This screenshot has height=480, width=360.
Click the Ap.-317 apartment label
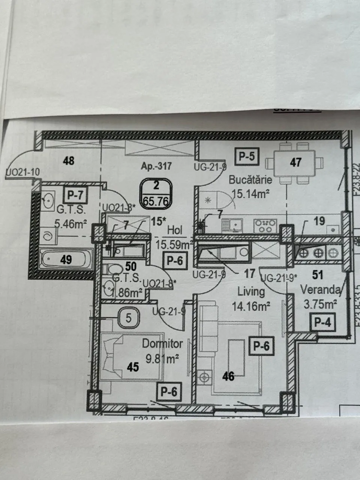coord(156,166)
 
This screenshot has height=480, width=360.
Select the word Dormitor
coord(162,343)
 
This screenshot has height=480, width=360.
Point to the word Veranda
coord(320,290)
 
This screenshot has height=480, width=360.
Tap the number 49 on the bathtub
coord(66,259)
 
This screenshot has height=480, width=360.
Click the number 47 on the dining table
coord(296,162)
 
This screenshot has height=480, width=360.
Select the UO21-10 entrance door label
coord(22,172)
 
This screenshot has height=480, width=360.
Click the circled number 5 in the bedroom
coord(129,318)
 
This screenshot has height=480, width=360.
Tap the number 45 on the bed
coord(133,367)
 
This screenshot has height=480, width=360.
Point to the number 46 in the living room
coord(228,375)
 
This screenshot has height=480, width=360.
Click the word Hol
coord(175,230)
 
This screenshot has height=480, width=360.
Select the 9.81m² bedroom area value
coord(163,359)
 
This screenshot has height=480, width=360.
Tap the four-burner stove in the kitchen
coord(265,226)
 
